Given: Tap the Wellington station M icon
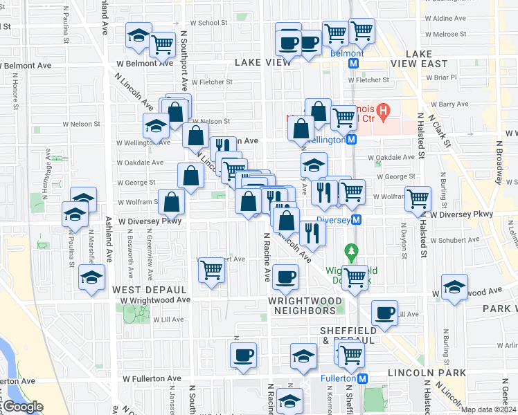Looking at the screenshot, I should (352, 140).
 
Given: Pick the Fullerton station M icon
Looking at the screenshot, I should (362, 378).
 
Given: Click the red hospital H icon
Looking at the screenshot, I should (380, 109).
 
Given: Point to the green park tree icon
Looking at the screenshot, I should (352, 250).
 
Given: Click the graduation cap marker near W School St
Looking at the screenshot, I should (138, 36).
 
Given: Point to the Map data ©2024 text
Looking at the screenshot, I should (488, 409).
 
